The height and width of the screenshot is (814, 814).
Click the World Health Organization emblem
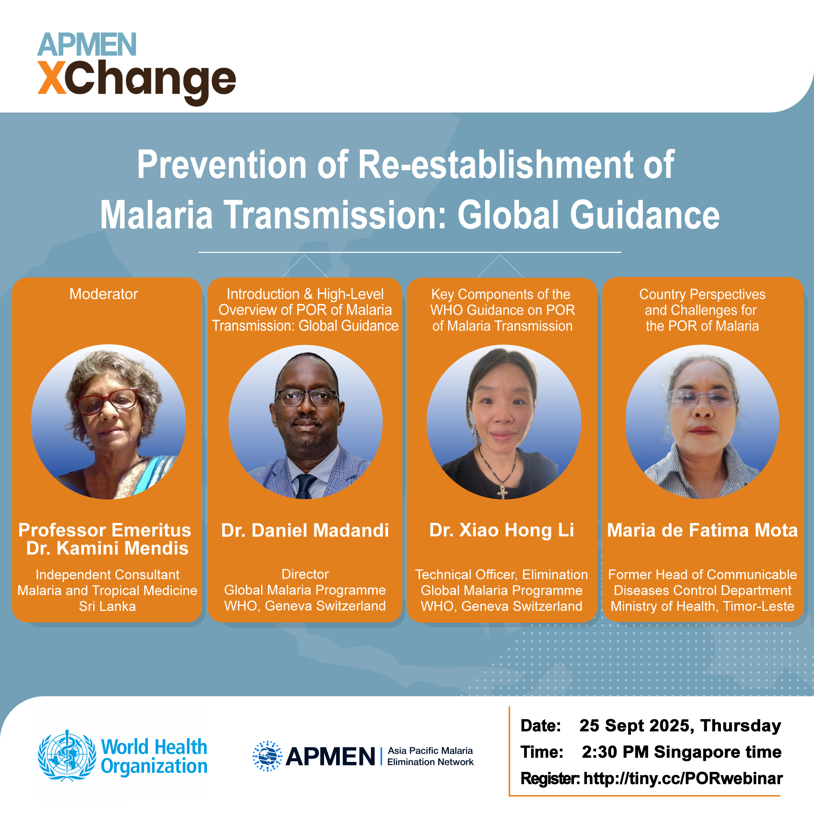[67, 756]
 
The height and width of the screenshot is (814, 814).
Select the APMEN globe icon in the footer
[267, 756]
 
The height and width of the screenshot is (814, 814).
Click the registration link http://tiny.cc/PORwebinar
[683, 778]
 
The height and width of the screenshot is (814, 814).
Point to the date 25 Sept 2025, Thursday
[680, 725]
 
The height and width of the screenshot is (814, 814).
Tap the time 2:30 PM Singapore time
[682, 752]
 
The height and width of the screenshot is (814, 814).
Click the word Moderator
[104, 294]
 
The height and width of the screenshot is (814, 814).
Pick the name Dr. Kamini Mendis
[107, 548]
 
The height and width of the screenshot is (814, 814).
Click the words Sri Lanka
[107, 606]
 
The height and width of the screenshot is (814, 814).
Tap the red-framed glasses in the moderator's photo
[107, 401]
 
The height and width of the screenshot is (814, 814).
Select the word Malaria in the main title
[156, 215]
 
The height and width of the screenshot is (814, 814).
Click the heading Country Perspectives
[702, 294]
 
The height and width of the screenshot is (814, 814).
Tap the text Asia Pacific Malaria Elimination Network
[430, 756]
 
